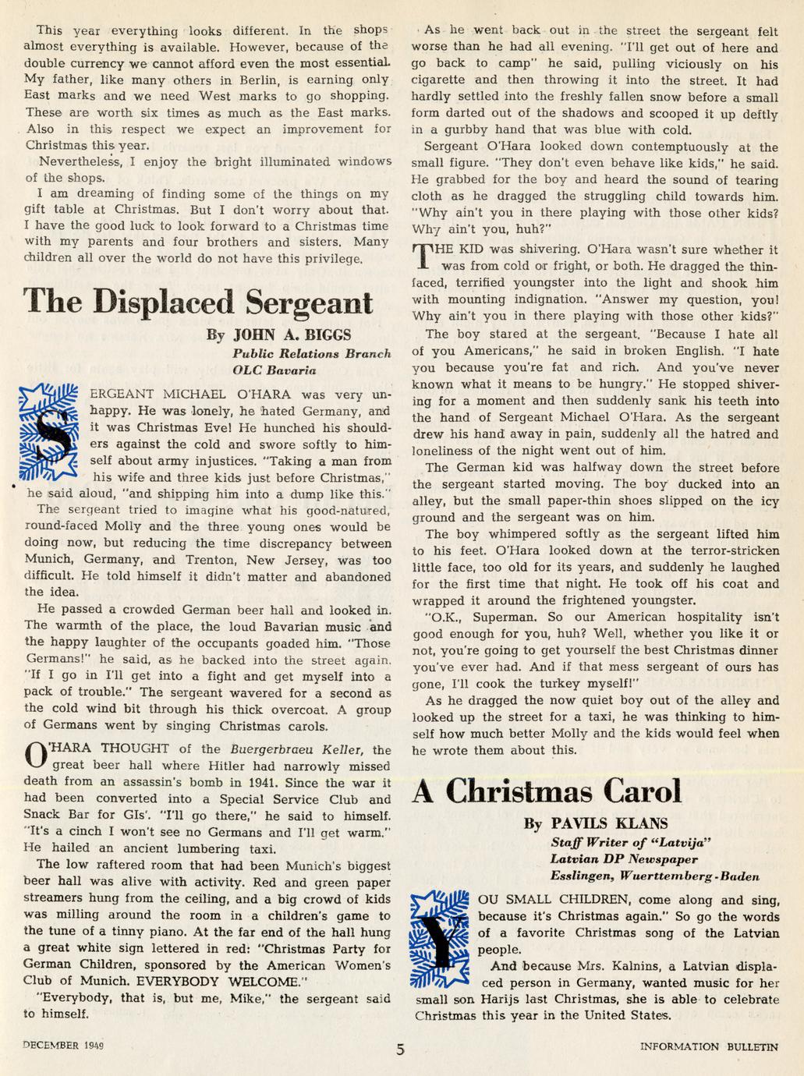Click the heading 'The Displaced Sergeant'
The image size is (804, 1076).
coord(198,301)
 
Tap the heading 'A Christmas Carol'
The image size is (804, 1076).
coord(547,791)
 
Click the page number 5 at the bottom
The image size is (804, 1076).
coord(400,1049)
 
